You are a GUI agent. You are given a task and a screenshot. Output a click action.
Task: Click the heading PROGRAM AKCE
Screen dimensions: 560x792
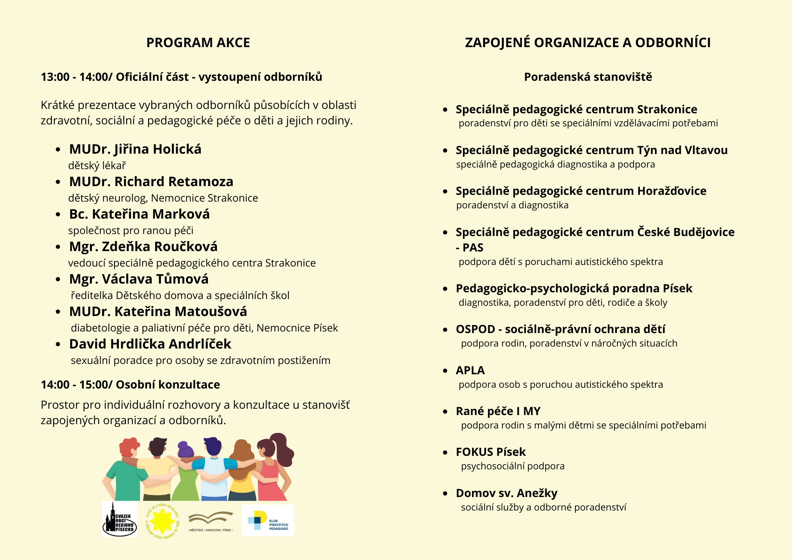pos(198,43)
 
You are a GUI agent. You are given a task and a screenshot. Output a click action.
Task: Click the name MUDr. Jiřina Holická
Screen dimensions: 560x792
pos(135,149)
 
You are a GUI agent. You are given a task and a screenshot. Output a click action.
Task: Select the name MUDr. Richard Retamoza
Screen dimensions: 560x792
pos(151,182)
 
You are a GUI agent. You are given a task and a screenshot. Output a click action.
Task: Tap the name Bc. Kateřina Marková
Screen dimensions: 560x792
pos(139,214)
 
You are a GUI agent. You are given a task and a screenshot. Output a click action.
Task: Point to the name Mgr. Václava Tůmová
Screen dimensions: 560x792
pos(139,279)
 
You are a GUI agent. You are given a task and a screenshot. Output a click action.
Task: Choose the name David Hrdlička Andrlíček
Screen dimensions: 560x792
pos(150,344)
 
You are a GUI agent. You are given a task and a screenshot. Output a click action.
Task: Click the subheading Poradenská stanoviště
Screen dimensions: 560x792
pos(588,77)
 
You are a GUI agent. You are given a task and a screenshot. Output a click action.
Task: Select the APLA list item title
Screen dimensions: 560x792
pos(470,370)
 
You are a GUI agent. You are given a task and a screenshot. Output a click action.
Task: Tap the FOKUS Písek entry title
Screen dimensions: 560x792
pos(490,452)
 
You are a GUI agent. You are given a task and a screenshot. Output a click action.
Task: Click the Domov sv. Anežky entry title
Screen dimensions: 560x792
pos(506,493)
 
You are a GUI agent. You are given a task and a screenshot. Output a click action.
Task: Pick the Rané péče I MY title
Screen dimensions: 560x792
pos(498,411)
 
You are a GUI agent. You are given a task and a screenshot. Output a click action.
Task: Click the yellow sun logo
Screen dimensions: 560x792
pos(162,520)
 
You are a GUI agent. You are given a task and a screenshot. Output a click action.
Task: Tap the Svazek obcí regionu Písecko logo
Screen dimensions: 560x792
pos(119,519)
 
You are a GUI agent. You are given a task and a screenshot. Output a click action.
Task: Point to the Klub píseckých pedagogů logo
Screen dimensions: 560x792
pos(268,520)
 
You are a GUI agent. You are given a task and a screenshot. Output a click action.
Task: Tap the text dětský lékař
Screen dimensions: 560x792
pos(97,166)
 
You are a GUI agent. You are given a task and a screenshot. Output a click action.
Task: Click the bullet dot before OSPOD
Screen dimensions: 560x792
pos(445,330)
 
